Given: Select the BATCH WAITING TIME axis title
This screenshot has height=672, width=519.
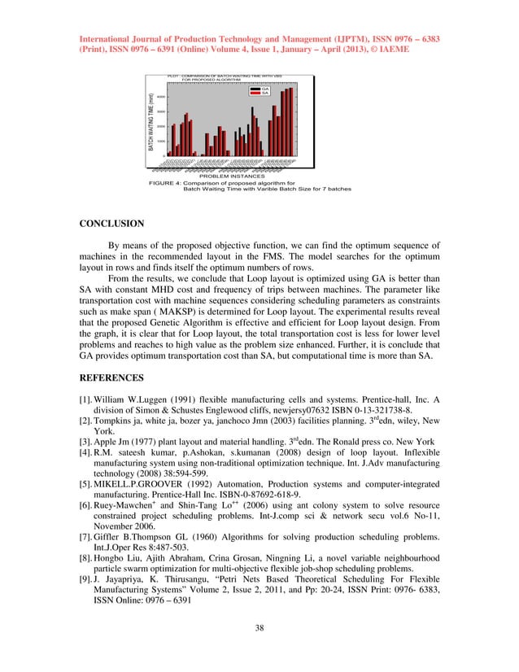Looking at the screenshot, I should coord(151,123).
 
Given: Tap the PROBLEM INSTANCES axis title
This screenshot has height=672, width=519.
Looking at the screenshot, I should coord(232,175).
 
